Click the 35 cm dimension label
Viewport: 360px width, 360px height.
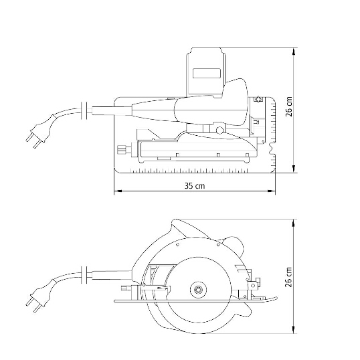coord(195,185)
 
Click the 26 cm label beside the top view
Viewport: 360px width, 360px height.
coord(289,106)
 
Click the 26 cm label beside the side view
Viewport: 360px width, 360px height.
coord(289,277)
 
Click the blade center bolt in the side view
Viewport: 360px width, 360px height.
coord(198,290)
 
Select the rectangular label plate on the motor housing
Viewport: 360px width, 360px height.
coord(206,73)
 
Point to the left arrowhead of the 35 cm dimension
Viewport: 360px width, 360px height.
coord(118,191)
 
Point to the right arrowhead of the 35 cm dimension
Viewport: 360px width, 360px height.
coord(272,191)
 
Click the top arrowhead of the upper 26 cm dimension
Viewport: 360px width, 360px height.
coord(293,51)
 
